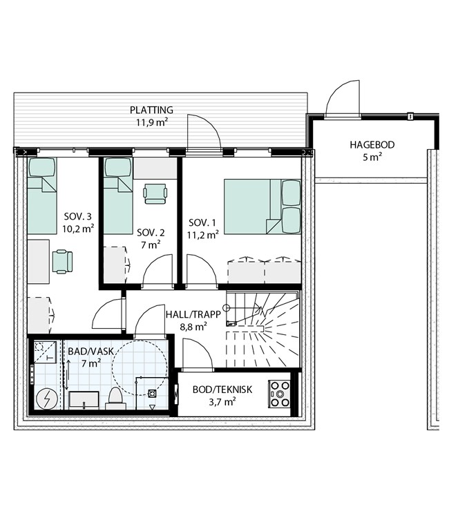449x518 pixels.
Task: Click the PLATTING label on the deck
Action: pyautogui.click(x=151, y=110)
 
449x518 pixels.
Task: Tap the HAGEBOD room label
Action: pyautogui.click(x=372, y=145)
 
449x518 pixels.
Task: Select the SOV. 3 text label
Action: pyautogui.click(x=77, y=217)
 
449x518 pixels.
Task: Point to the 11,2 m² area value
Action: pyautogui.click(x=203, y=235)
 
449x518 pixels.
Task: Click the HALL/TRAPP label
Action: pyautogui.click(x=193, y=314)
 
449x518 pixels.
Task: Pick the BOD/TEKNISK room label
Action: pyautogui.click(x=222, y=390)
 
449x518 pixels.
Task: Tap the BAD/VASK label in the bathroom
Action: pyautogui.click(x=91, y=351)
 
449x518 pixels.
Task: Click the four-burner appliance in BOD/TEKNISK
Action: pyautogui.click(x=279, y=394)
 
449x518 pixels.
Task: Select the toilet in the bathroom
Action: pyautogui.click(x=115, y=398)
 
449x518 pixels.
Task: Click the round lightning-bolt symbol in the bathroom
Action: pyautogui.click(x=46, y=399)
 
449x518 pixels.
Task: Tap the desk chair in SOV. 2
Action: pyautogui.click(x=155, y=193)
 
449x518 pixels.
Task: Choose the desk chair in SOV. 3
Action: pyautogui.click(x=62, y=262)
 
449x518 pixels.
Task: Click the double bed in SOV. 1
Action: pyautogui.click(x=262, y=207)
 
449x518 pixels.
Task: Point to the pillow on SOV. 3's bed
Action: pyautogui.click(x=41, y=167)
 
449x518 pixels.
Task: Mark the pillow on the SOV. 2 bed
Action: pyautogui.click(x=118, y=167)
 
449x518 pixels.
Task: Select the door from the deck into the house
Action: pyautogui.click(x=204, y=133)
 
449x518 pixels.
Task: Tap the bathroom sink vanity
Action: pyautogui.click(x=84, y=401)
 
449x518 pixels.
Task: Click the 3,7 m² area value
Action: pyautogui.click(x=222, y=402)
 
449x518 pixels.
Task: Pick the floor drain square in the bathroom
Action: pyautogui.click(x=152, y=394)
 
